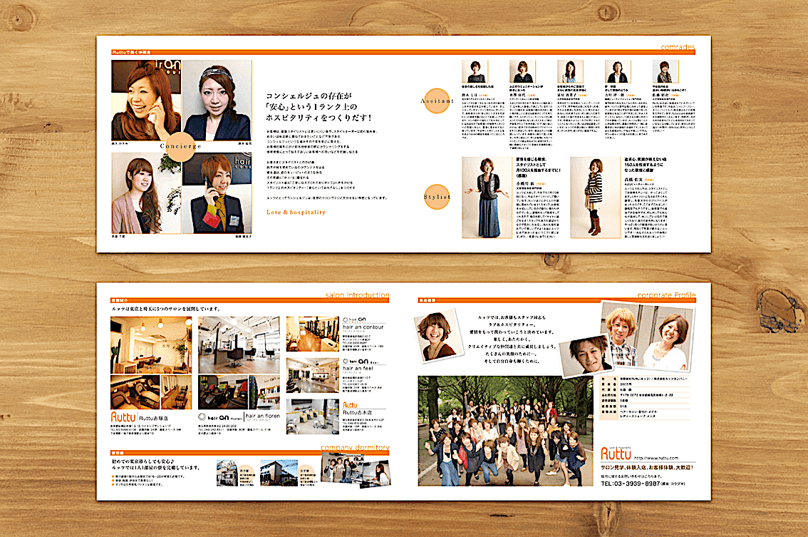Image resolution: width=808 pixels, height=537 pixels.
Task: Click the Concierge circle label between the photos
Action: (181, 145)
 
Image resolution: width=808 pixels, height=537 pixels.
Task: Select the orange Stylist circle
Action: (435, 195)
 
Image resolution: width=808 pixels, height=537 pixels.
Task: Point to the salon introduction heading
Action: (357, 295)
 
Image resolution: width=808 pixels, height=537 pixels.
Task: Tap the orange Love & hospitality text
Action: (296, 212)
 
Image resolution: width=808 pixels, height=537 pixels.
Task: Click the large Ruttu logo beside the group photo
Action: (615, 454)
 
